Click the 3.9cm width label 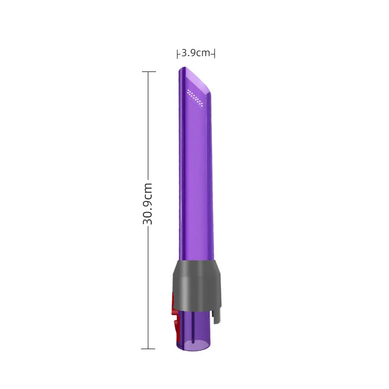196,53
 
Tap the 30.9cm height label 148,203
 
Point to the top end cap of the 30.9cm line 148,72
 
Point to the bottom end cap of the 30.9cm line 148,349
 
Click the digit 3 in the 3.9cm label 184,53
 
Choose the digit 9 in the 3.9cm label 193,53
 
